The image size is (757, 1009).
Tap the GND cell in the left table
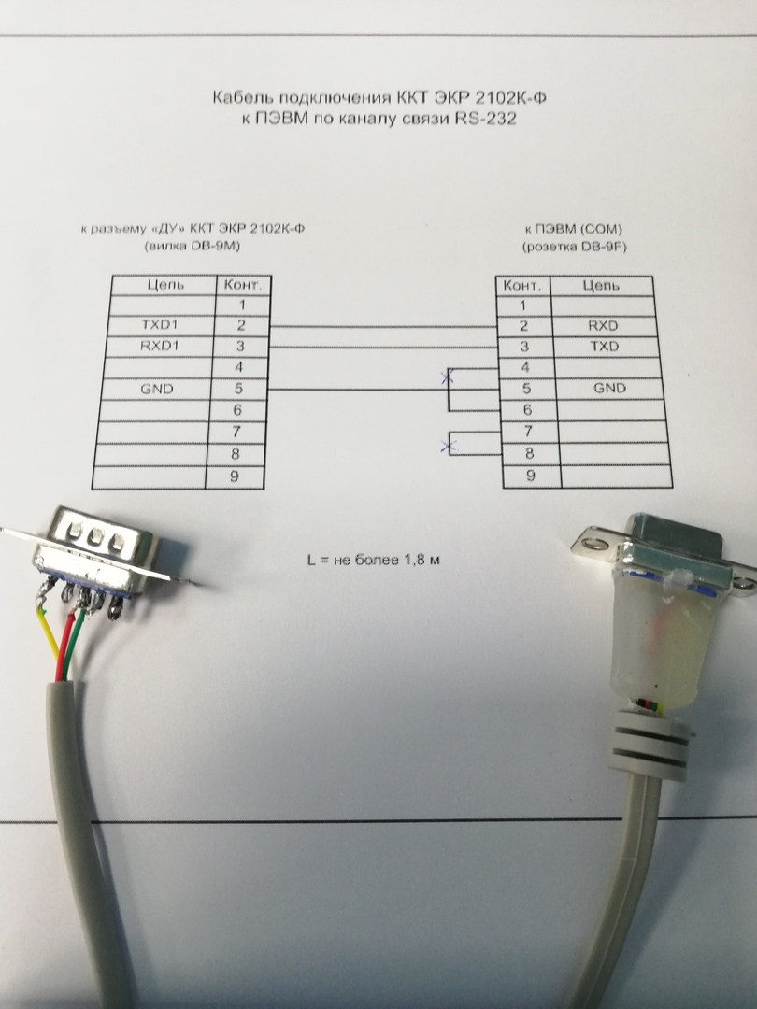[x=157, y=390]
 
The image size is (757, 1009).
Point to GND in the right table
[x=608, y=389]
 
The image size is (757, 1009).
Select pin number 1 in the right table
[x=523, y=306]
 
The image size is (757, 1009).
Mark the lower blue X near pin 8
[x=449, y=446]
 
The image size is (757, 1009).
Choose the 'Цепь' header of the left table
[x=164, y=284]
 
